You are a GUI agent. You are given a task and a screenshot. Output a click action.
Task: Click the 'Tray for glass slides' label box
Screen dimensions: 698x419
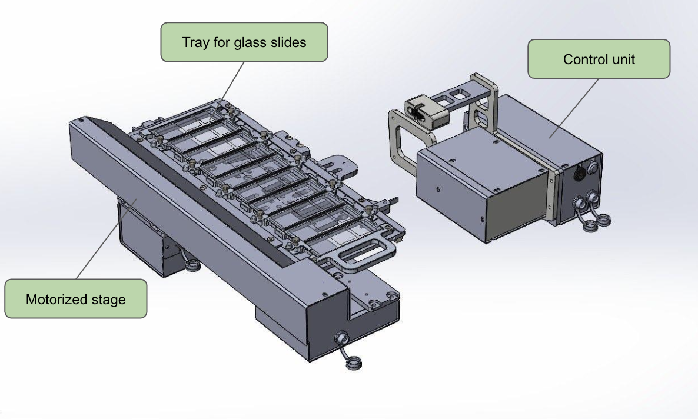coord(244,42)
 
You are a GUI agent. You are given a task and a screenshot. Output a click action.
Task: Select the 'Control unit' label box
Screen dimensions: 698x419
coord(599,59)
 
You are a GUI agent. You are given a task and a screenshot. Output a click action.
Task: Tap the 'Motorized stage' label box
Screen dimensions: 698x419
coord(76,299)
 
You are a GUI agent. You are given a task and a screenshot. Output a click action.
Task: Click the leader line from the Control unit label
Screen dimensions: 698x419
coord(574,108)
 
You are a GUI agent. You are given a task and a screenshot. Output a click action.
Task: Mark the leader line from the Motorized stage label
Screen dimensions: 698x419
coord(107,240)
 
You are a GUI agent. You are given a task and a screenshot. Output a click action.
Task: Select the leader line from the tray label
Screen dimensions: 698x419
coord(233,81)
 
